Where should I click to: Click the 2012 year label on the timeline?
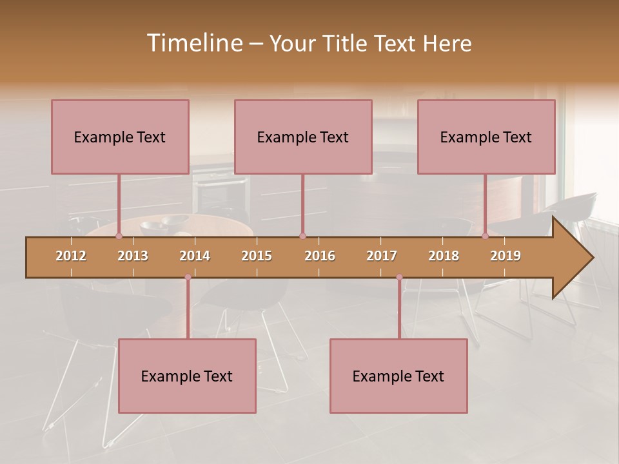tap(71, 256)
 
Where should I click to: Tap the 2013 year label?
tap(133, 256)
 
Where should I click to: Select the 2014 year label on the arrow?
tap(195, 256)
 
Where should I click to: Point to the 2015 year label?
tap(257, 256)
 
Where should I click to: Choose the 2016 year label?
tap(320, 256)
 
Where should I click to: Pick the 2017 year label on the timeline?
tap(382, 256)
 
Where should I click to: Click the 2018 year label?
tap(444, 256)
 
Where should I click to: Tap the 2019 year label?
tap(506, 256)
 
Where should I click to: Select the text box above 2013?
tap(120, 137)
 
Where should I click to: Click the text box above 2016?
tap(303, 137)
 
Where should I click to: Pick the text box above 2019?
tap(486, 137)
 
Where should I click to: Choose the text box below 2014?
tap(187, 376)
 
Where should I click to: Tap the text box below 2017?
tap(398, 376)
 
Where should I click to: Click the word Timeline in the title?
tap(193, 43)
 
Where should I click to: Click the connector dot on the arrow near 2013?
tap(119, 236)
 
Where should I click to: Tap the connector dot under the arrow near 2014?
tap(188, 277)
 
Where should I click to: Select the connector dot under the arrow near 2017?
tap(399, 277)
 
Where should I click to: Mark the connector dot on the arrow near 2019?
tap(486, 236)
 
